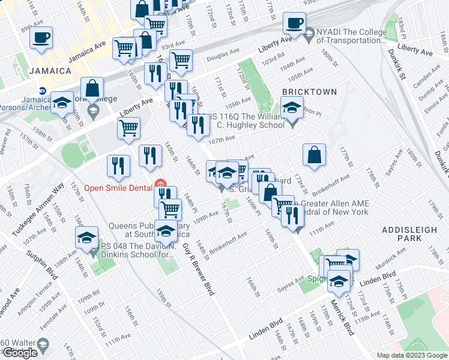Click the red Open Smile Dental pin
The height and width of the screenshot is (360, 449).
click(160, 183)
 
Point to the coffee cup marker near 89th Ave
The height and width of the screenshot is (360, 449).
click(41, 37)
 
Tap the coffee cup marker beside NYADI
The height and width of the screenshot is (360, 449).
click(294, 23)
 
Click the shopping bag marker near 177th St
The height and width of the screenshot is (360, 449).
click(314, 155)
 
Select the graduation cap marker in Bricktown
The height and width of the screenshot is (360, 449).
click(292, 107)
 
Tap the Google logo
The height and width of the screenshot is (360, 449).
click(20, 353)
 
